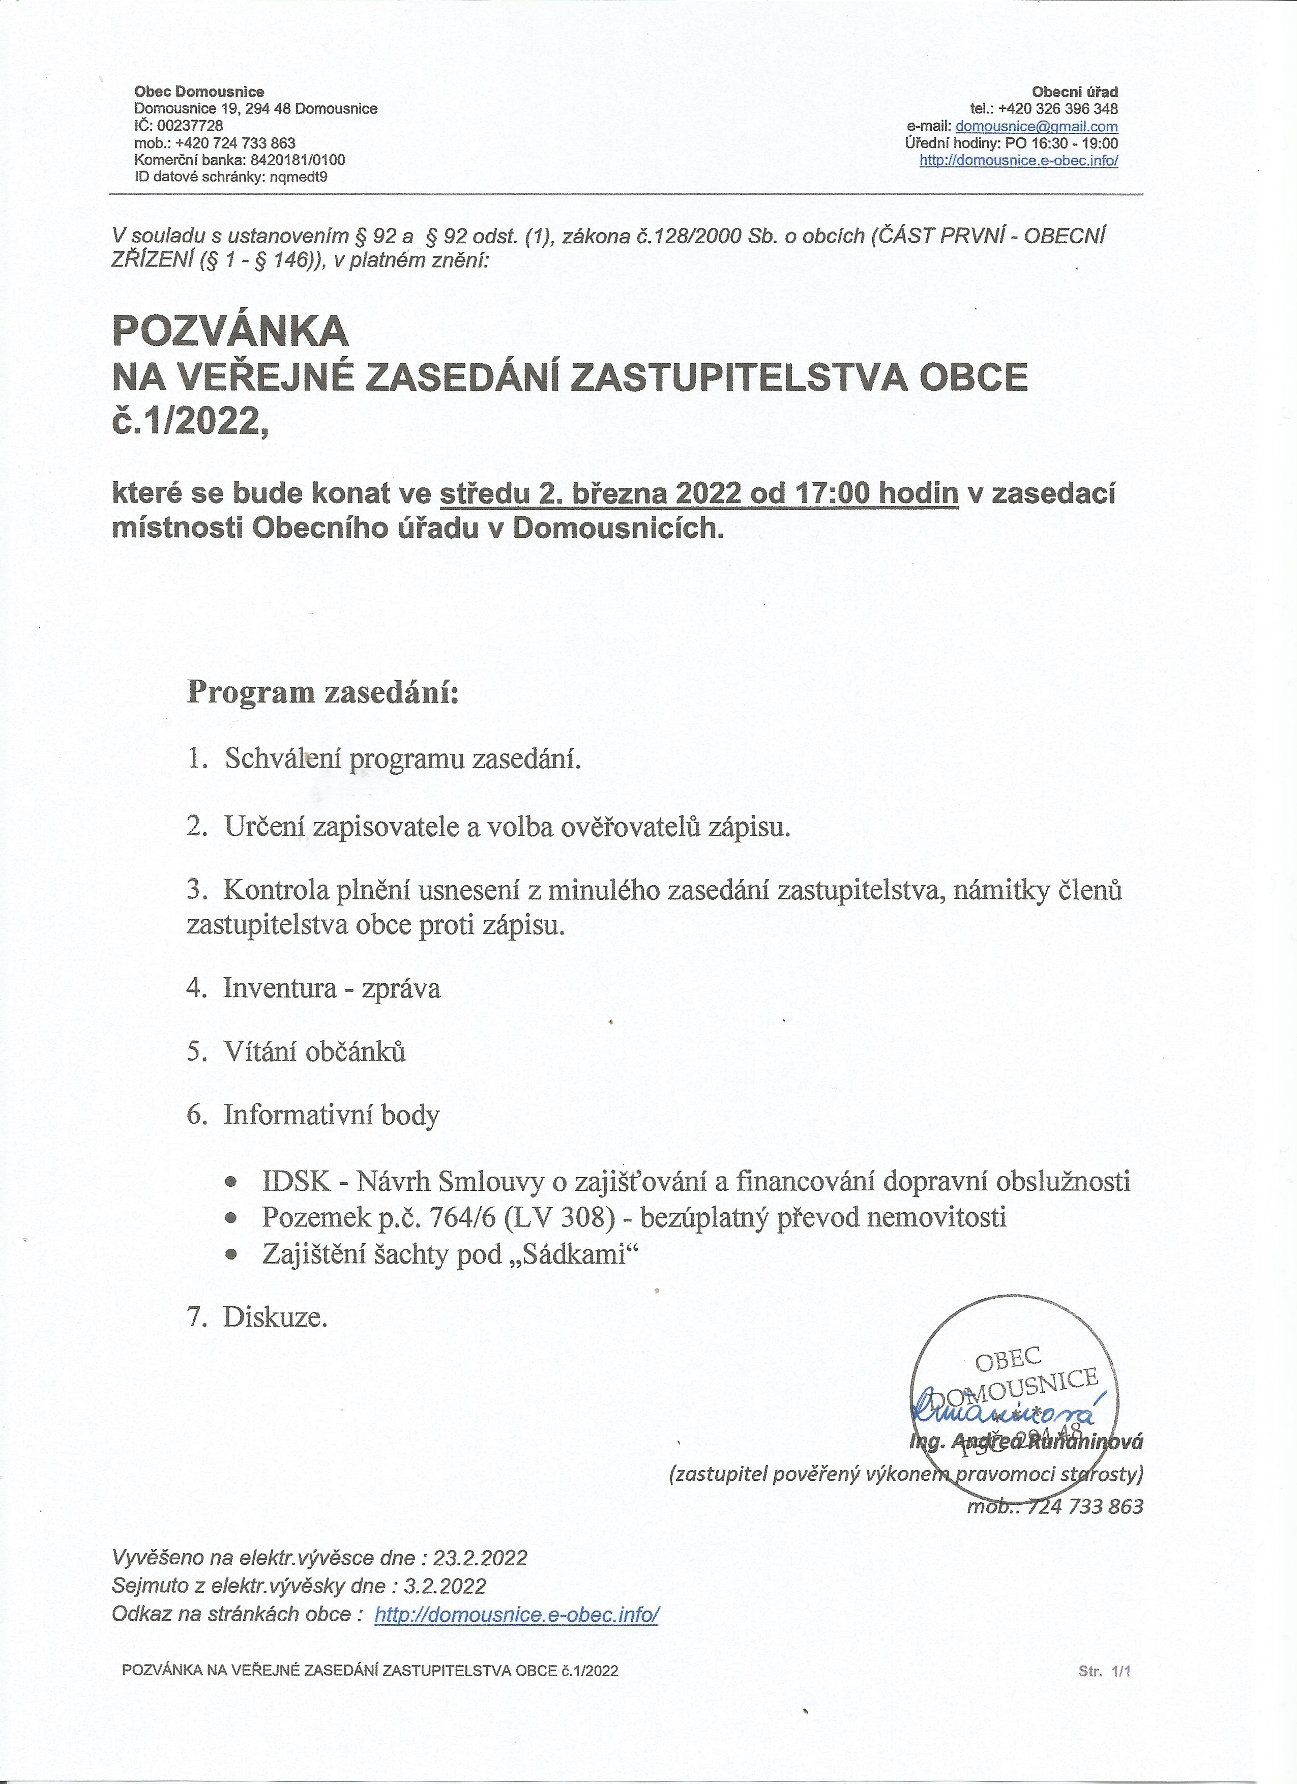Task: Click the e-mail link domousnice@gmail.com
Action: (1036, 126)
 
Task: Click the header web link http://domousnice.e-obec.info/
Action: (1019, 160)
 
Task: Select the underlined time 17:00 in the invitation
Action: (832, 493)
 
